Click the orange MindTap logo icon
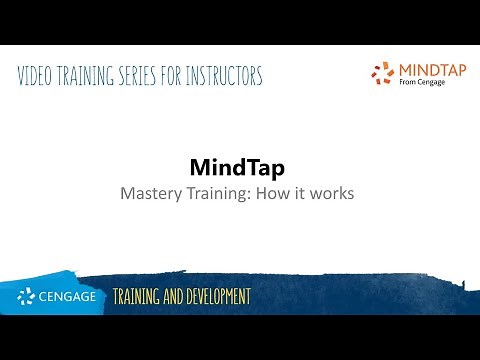(381, 73)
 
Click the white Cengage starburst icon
(26, 297)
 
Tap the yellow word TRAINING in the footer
(139, 297)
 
